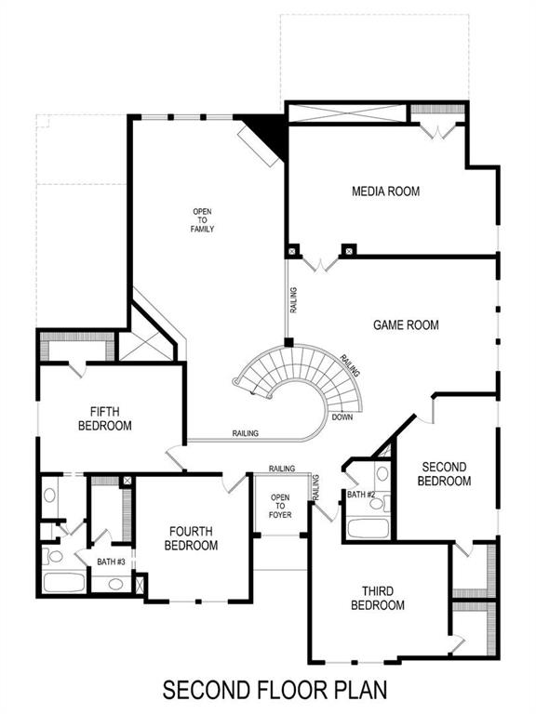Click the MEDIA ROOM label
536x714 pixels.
pyautogui.click(x=385, y=192)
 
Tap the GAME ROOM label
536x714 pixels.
pyautogui.click(x=406, y=325)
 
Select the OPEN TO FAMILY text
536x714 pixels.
pyautogui.click(x=203, y=219)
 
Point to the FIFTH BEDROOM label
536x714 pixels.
pyautogui.click(x=111, y=418)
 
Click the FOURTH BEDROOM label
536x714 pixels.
pyautogui.click(x=193, y=538)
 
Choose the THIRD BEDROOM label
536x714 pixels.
pyautogui.click(x=378, y=598)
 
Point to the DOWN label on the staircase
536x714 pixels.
pyautogui.click(x=342, y=416)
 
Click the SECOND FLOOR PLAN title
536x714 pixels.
pyautogui.click(x=274, y=691)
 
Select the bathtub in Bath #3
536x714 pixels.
pyautogui.click(x=63, y=584)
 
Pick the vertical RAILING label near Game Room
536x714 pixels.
pyautogui.click(x=294, y=300)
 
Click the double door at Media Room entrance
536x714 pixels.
pyautogui.click(x=320, y=263)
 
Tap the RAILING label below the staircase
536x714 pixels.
pyautogui.click(x=246, y=433)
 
